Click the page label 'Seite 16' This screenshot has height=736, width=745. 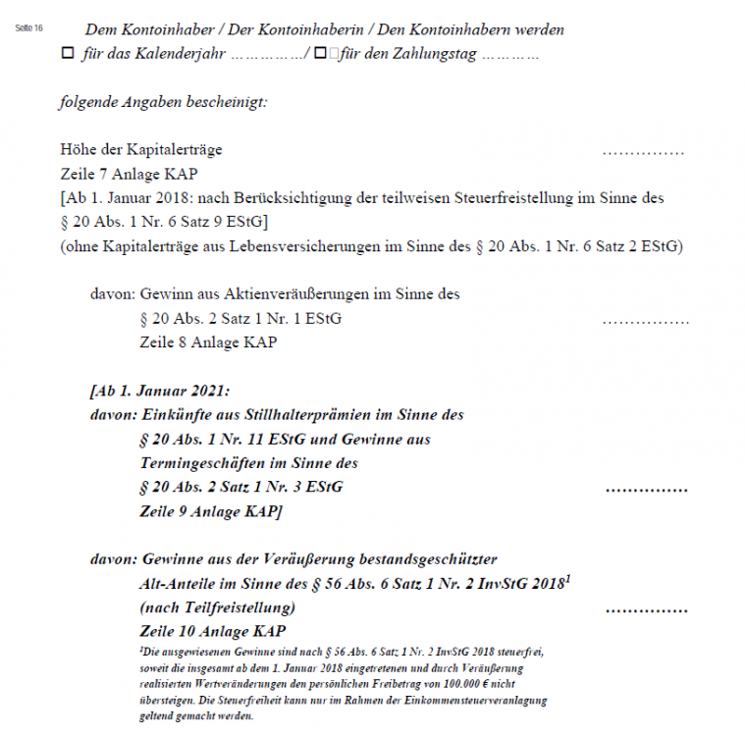coord(30,27)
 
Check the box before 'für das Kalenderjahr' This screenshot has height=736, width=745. coord(67,54)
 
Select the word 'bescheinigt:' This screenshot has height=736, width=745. coord(228,102)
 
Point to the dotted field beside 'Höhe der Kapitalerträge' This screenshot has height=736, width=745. coord(643,152)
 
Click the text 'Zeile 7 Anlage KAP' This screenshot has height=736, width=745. coord(129,174)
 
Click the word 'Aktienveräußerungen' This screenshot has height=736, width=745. coord(324,293)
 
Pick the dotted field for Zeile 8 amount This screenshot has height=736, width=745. coord(645,320)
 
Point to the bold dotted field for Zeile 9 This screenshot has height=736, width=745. coord(646,488)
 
